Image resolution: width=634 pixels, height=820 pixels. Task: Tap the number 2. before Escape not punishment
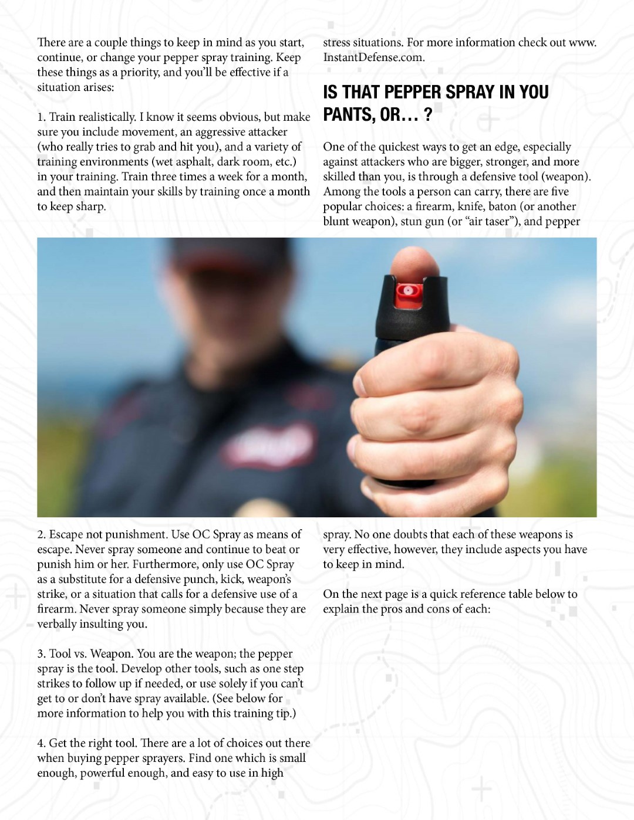(x=41, y=534)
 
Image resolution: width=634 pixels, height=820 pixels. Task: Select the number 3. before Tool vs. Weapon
(x=41, y=653)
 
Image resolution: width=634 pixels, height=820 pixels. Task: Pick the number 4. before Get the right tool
(x=41, y=743)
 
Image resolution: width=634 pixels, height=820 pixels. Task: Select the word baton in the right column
(x=502, y=206)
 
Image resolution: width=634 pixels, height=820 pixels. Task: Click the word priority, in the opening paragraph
(x=137, y=72)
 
